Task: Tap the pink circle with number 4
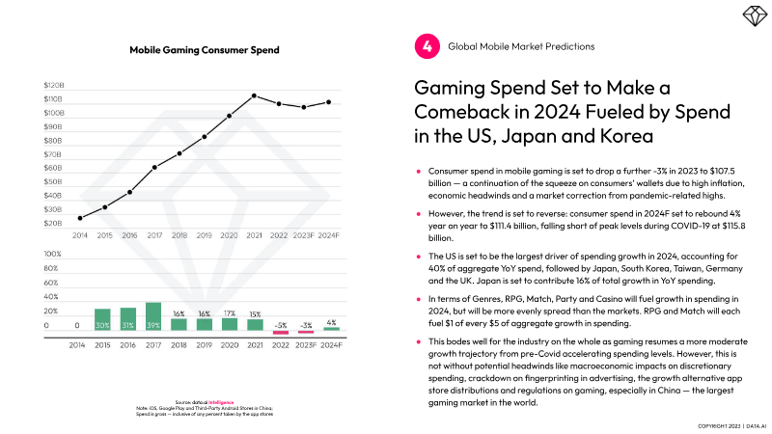(x=425, y=45)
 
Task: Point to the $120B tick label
(x=53, y=85)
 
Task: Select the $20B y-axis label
(x=53, y=223)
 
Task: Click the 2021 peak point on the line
(x=254, y=95)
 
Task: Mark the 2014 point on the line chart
(x=79, y=218)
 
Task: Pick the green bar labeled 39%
(x=153, y=316)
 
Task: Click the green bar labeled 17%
(x=229, y=324)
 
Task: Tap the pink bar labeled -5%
(x=280, y=332)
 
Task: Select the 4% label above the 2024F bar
(x=331, y=322)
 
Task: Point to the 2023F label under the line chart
(x=305, y=235)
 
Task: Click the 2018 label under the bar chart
(x=179, y=343)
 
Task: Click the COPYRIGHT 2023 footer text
(x=718, y=424)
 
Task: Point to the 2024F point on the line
(x=330, y=101)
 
